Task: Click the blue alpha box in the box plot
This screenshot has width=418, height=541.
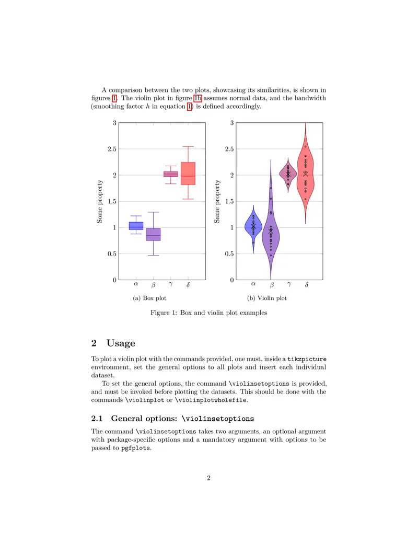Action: point(136,226)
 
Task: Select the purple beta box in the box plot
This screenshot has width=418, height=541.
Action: point(153,234)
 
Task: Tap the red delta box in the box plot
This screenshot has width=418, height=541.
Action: point(188,174)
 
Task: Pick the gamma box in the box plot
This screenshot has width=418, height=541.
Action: point(171,174)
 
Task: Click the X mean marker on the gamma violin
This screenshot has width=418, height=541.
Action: point(288,174)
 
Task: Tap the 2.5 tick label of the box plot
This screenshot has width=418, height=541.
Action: point(110,149)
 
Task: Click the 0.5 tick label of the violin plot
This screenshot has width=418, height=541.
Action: point(228,254)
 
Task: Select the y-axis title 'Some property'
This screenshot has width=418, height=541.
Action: point(99,201)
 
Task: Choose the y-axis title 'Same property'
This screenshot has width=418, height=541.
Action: point(217,201)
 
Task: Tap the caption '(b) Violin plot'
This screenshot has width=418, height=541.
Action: point(267,298)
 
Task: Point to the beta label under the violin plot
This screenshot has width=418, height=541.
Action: point(271,285)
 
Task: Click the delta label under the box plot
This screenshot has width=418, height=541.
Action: point(188,285)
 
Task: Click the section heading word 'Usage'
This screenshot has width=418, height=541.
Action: point(121,343)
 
